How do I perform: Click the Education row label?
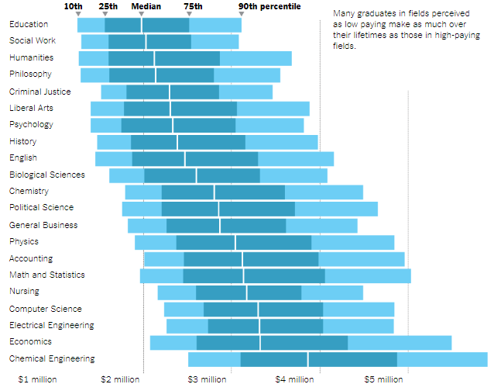[x=29, y=25]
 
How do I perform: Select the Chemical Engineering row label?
[x=52, y=358]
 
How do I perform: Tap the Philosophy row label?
[x=31, y=74]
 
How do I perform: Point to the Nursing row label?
[x=24, y=292]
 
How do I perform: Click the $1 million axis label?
[x=37, y=380]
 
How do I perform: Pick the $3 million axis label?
[x=207, y=380]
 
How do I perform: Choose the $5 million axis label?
[x=383, y=380]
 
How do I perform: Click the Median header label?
[x=147, y=6]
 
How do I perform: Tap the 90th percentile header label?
[x=269, y=6]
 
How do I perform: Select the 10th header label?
[x=74, y=6]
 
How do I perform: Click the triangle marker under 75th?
[x=189, y=14]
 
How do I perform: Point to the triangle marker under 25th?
[x=105, y=14]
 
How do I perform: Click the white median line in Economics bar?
[x=260, y=342]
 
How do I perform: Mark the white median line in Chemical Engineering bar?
[x=308, y=359]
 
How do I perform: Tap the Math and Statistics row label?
[x=47, y=275]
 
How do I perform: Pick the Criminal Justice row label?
[x=39, y=92]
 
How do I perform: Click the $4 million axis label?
[x=295, y=380]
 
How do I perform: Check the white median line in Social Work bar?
[x=145, y=41]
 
